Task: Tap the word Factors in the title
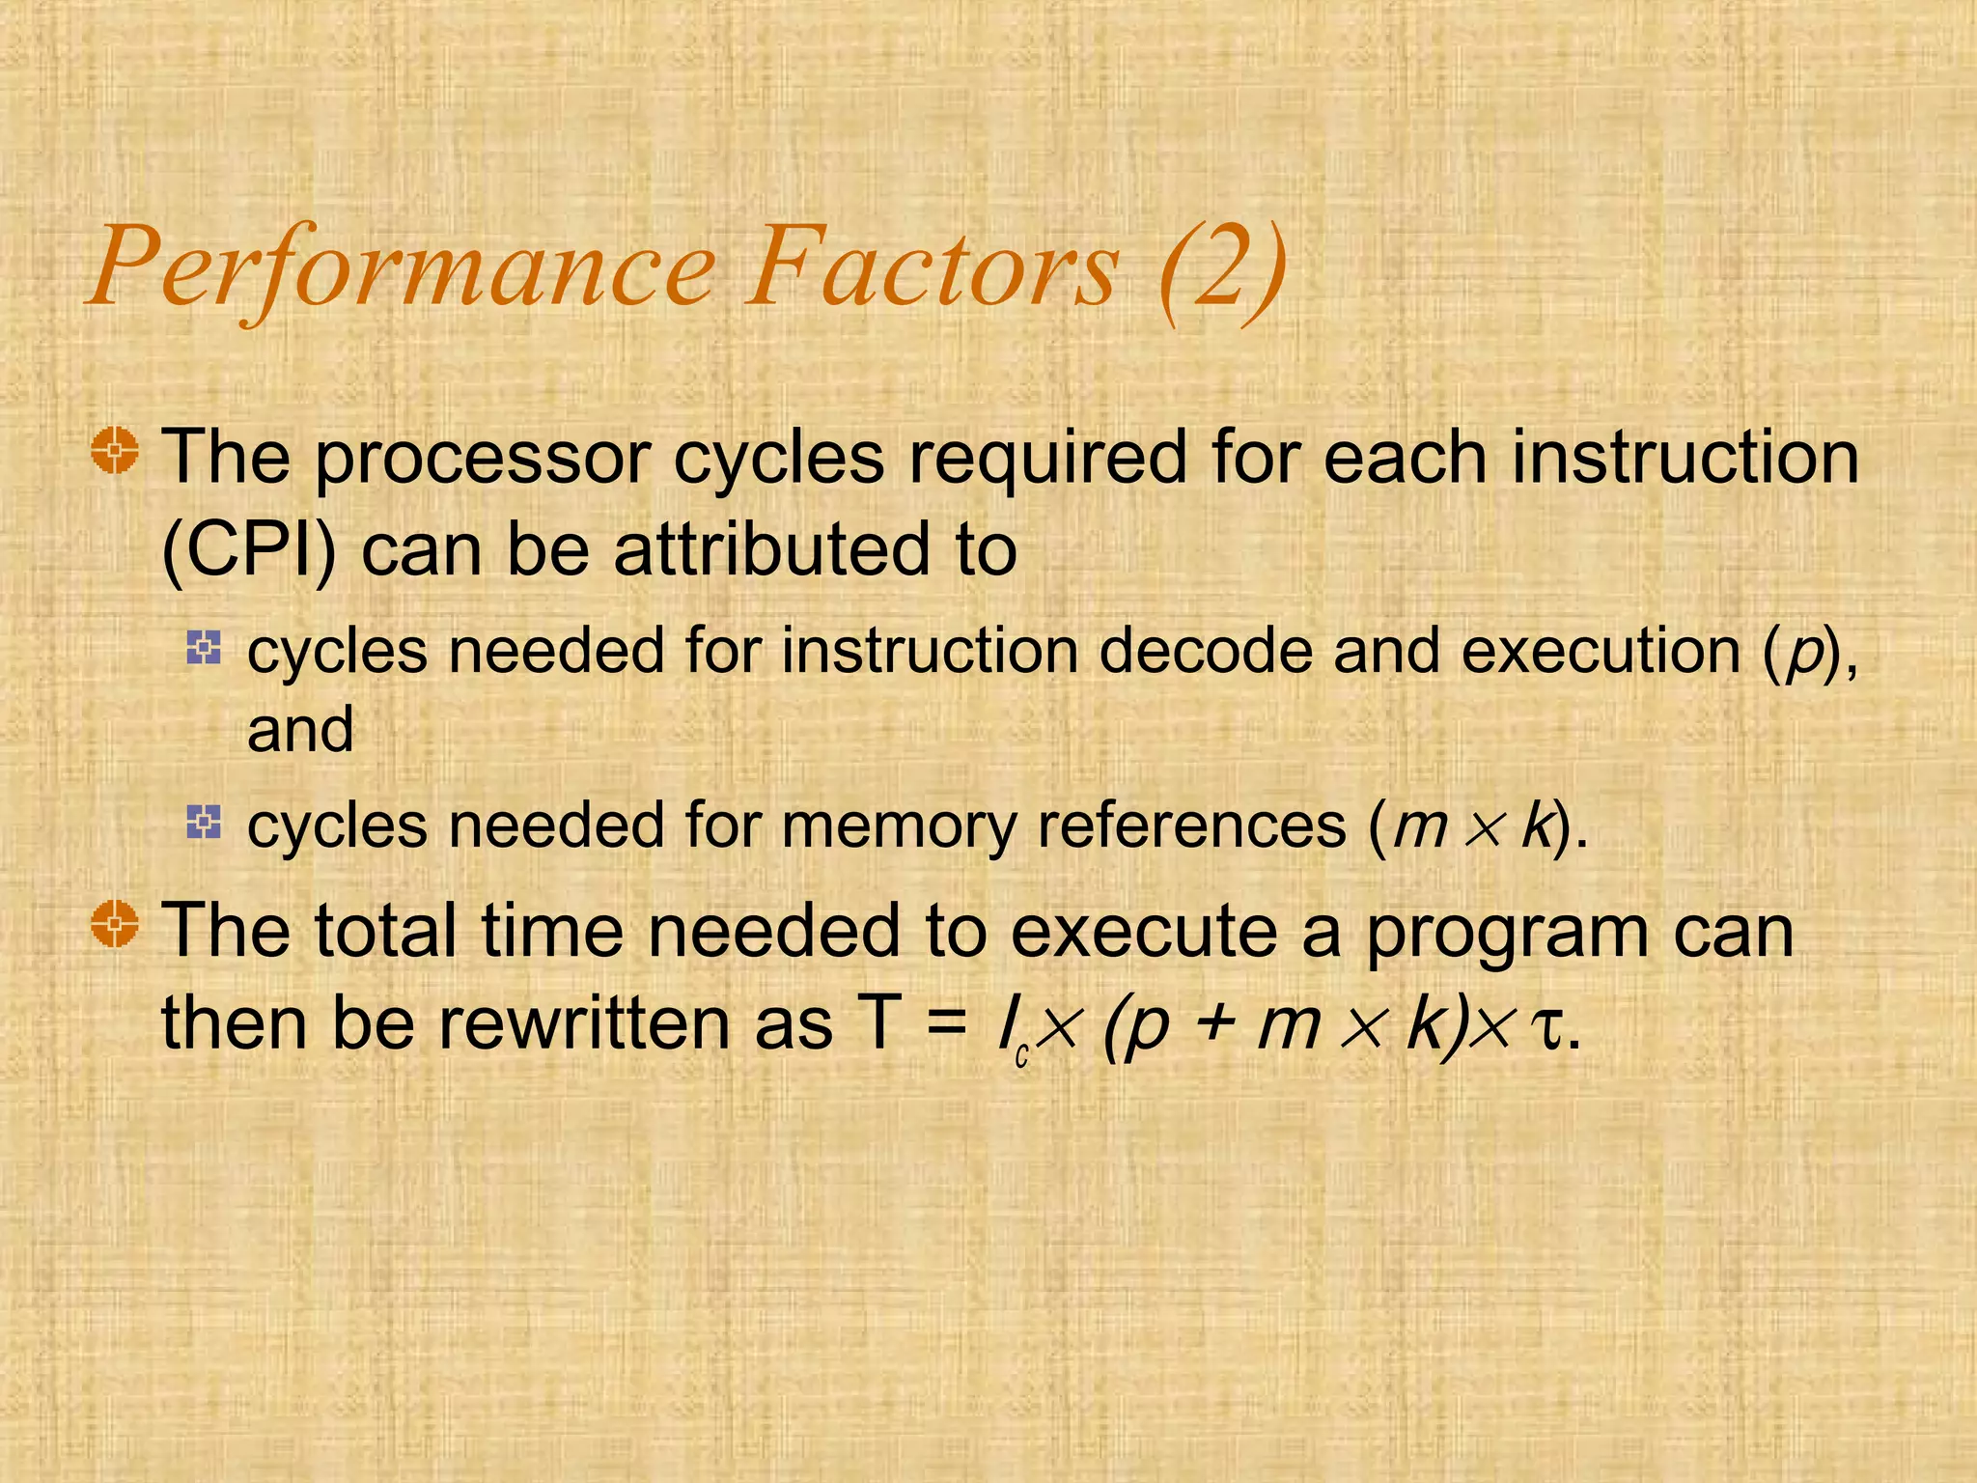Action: pyautogui.click(x=932, y=268)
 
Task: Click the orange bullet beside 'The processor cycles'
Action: pyautogui.click(x=116, y=451)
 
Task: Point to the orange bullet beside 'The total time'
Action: pyautogui.click(x=116, y=924)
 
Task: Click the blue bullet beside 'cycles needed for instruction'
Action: pyautogui.click(x=204, y=647)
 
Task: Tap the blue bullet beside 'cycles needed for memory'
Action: pyautogui.click(x=204, y=822)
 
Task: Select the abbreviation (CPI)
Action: pyautogui.click(x=249, y=550)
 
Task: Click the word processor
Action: pyautogui.click(x=483, y=459)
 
